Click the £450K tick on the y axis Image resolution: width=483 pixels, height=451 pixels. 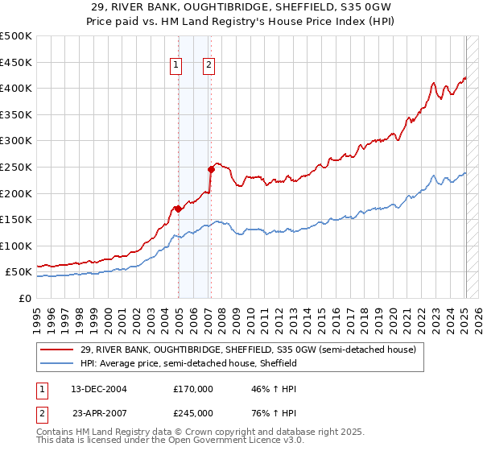pos(18,62)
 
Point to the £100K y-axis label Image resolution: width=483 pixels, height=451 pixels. pos(18,246)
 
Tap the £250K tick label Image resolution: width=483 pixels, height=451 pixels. pos(18,167)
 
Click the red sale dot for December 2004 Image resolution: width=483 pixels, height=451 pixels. pos(178,209)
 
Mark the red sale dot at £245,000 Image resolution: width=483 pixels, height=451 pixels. pos(211,169)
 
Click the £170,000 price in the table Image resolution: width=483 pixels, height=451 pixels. pos(193,388)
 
